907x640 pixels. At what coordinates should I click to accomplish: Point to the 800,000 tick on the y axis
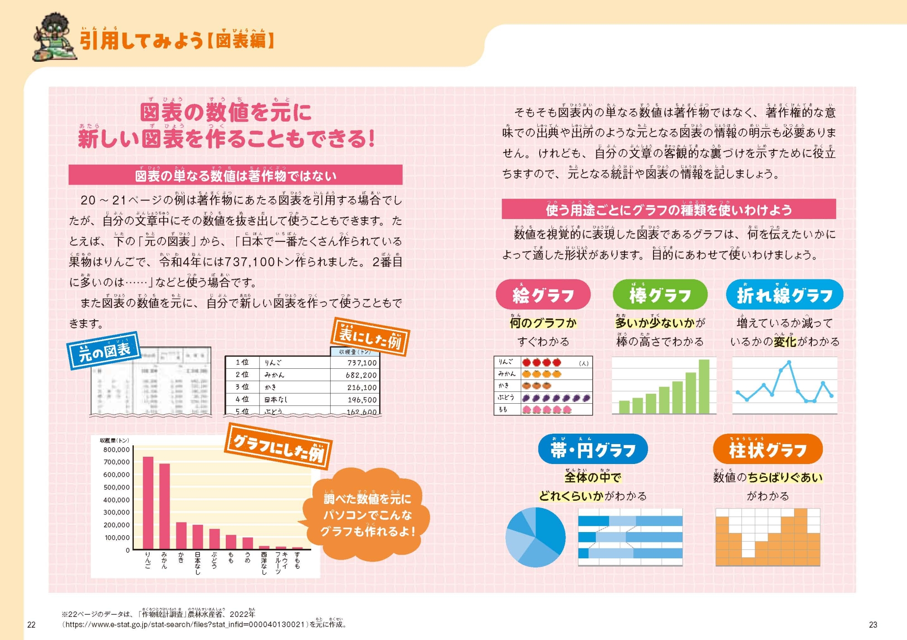tap(117, 449)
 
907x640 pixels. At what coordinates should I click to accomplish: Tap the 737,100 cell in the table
tap(362, 363)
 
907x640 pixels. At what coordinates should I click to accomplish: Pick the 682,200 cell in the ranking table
tap(362, 375)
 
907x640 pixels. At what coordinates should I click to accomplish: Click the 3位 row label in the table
tap(242, 387)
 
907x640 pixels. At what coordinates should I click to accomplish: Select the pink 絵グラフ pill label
tap(543, 295)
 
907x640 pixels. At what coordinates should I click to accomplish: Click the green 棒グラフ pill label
tap(660, 295)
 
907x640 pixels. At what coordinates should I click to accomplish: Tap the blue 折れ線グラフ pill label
tap(784, 295)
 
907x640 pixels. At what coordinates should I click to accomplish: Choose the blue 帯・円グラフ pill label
tap(593, 449)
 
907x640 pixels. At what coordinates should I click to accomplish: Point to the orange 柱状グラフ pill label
tap(768, 449)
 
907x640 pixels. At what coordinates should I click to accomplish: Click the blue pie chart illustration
tap(536, 537)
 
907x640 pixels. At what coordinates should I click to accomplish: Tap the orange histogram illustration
tap(768, 537)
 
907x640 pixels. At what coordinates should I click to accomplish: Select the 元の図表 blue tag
tap(104, 351)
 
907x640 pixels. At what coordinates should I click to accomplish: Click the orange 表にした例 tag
tap(371, 337)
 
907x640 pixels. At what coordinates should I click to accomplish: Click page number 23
tap(873, 625)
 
